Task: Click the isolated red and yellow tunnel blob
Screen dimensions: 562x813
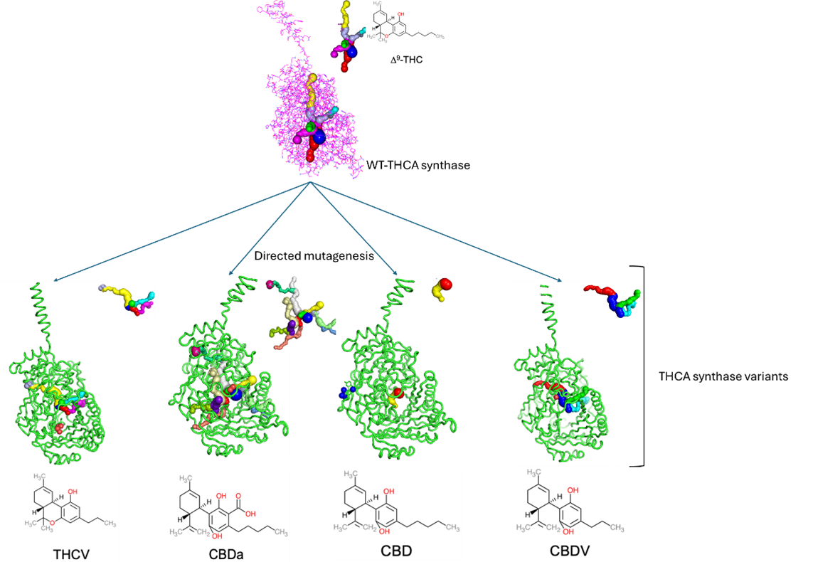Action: (x=442, y=288)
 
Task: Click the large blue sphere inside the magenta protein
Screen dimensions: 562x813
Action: (x=318, y=134)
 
